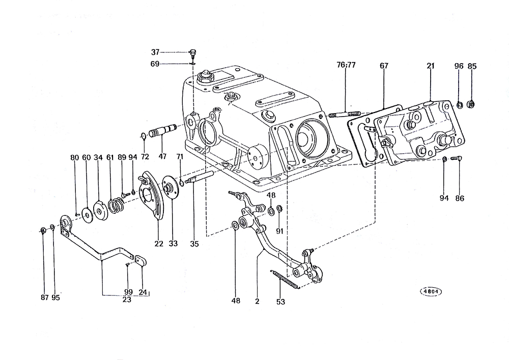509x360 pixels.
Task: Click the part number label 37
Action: pyautogui.click(x=155, y=52)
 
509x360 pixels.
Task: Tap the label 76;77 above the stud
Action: pyautogui.click(x=346, y=65)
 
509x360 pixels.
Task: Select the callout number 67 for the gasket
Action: pyautogui.click(x=384, y=66)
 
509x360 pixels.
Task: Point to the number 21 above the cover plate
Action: pyautogui.click(x=431, y=66)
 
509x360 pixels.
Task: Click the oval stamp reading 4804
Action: pyautogui.click(x=431, y=291)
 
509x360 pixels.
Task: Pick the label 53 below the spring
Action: pyautogui.click(x=281, y=301)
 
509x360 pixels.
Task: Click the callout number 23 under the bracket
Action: pyautogui.click(x=127, y=300)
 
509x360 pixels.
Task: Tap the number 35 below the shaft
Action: pyautogui.click(x=194, y=243)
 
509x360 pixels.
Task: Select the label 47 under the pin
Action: pyautogui.click(x=162, y=156)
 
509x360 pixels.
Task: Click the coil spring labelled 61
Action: pyautogui.click(x=116, y=206)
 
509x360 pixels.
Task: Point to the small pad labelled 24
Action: pyautogui.click(x=140, y=260)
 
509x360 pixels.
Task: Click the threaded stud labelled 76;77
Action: pyautogui.click(x=345, y=114)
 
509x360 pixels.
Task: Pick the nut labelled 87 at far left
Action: pyautogui.click(x=43, y=231)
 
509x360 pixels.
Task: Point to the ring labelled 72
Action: pyautogui.click(x=144, y=135)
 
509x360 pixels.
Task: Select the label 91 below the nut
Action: pyautogui.click(x=280, y=231)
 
